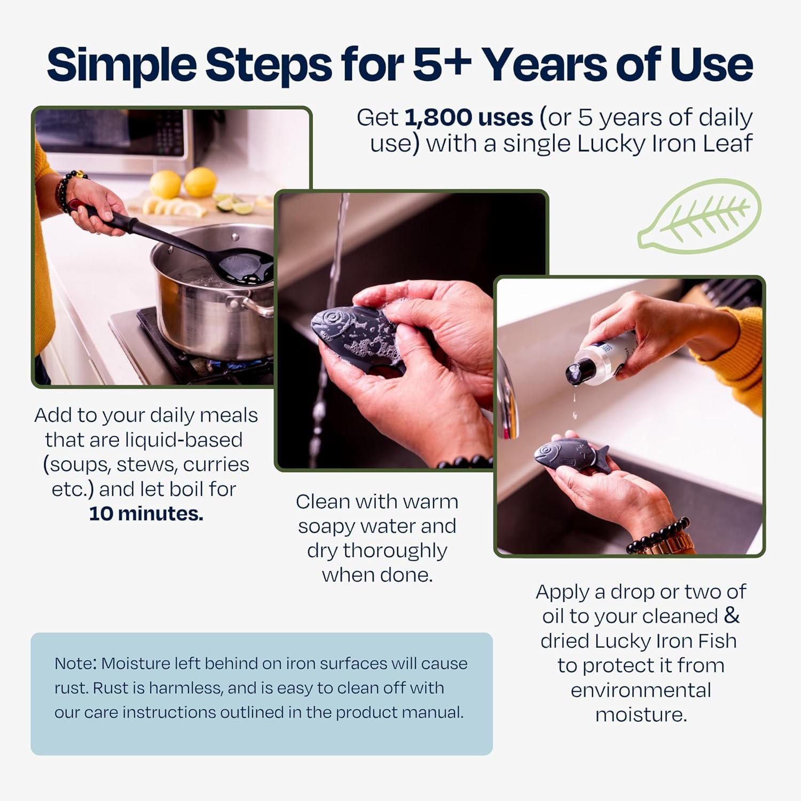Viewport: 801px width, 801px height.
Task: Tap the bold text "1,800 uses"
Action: click(x=468, y=117)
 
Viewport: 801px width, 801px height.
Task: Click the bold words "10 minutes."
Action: click(x=146, y=514)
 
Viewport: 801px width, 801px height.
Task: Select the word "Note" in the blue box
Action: click(x=74, y=664)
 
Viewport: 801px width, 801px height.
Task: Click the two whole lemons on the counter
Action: click(x=183, y=183)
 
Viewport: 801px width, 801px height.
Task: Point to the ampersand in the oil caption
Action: click(x=732, y=616)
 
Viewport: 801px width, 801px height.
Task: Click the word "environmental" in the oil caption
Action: click(x=641, y=690)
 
